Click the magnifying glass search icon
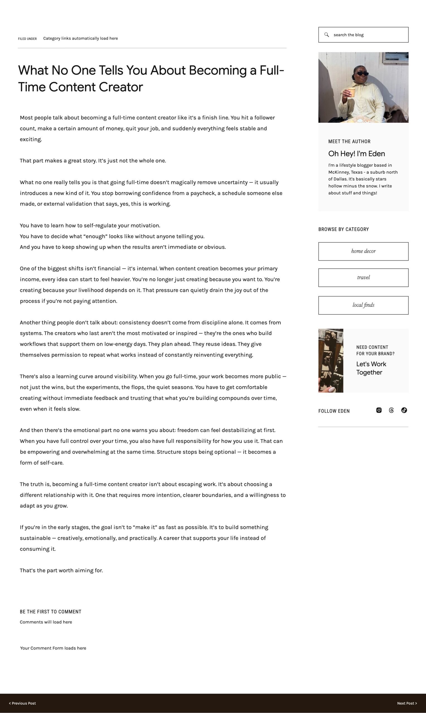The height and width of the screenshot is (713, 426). coord(326,35)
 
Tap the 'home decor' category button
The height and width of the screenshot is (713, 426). coord(363,251)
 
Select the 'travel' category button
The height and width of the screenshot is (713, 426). coord(363,277)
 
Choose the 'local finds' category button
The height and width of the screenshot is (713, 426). coord(363,305)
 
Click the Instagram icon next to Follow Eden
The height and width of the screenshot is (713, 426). coord(379,410)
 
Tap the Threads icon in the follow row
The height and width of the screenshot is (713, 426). coord(391,410)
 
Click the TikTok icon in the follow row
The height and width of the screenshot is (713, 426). coord(404,410)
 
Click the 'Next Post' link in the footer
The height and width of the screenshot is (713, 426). coord(407,703)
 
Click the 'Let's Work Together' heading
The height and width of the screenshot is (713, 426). coord(371,368)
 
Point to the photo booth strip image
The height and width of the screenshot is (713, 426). coord(331,360)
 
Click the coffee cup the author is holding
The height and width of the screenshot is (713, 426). coord(351,92)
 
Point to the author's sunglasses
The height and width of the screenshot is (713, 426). coord(362,74)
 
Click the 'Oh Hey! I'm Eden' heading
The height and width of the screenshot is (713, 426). coord(357,154)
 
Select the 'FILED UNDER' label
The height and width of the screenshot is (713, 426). coord(27,39)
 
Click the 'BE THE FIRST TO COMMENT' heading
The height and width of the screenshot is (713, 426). coord(50,612)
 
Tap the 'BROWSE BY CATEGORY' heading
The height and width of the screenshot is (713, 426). coord(343,229)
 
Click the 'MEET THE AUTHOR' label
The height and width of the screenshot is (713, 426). coord(349,141)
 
